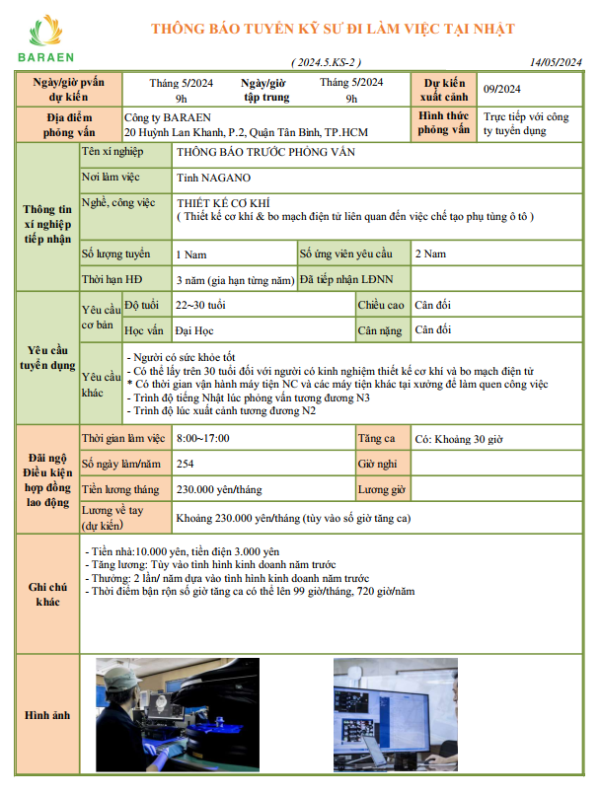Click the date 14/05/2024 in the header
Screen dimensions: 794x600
557,62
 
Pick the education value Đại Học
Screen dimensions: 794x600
194,330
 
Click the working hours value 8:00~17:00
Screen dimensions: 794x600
202,438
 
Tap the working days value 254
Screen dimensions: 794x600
185,464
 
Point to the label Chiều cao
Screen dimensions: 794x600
381,305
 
